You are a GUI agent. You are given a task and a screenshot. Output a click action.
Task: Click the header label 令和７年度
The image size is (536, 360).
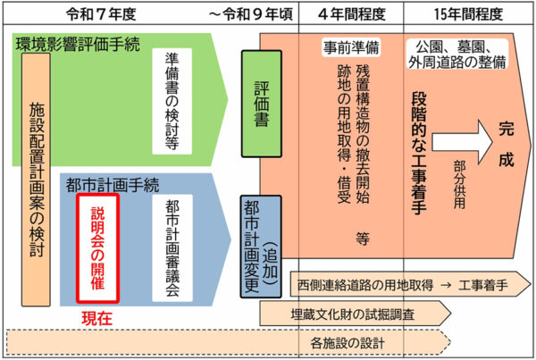point(101,14)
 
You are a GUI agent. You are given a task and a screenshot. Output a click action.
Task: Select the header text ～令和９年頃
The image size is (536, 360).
point(251,14)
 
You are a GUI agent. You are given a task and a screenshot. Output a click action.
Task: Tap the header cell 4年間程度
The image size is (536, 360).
point(352,14)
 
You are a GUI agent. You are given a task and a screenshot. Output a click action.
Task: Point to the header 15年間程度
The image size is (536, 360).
point(468,14)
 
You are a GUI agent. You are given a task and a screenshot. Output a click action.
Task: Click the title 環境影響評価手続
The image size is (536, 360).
point(78,45)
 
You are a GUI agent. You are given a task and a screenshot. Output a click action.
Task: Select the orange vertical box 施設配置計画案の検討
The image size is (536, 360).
point(37,180)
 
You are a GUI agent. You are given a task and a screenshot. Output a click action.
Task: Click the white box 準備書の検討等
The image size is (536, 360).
point(172,101)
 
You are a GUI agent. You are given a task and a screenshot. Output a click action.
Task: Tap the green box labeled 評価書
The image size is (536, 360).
point(262,104)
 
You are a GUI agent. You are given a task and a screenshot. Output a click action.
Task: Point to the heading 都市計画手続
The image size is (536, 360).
point(113,185)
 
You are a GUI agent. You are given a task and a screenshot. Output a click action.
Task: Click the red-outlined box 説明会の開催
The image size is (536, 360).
point(97,248)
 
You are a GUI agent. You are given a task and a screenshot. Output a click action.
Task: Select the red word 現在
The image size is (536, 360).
point(97,319)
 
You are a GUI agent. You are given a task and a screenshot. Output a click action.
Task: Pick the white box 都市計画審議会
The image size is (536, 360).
point(172,248)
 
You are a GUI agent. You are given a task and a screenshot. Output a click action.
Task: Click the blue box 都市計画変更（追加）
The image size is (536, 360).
point(261,247)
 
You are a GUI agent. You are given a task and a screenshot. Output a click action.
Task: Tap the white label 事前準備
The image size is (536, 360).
point(351,47)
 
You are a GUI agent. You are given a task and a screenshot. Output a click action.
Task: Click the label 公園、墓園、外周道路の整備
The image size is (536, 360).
point(457,54)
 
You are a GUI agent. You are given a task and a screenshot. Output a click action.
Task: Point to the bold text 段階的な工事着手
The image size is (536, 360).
point(419,153)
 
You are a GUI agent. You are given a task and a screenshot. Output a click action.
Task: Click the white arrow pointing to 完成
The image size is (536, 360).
point(462,142)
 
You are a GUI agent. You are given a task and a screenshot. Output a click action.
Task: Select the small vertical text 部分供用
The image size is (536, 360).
point(459,185)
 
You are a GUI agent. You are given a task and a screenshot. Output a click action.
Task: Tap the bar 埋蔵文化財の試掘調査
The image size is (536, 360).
point(356,314)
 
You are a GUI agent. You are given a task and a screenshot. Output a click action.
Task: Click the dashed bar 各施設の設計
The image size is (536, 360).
point(229,342)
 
